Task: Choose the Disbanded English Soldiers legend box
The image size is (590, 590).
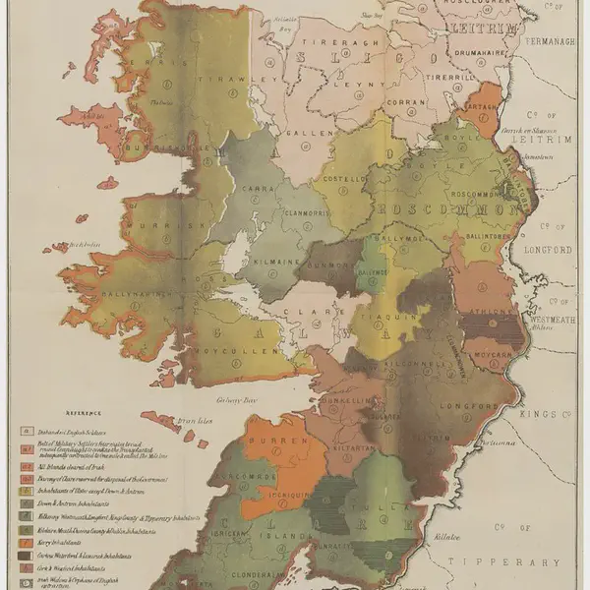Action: click(24, 430)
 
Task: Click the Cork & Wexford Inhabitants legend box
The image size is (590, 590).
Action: click(24, 567)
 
